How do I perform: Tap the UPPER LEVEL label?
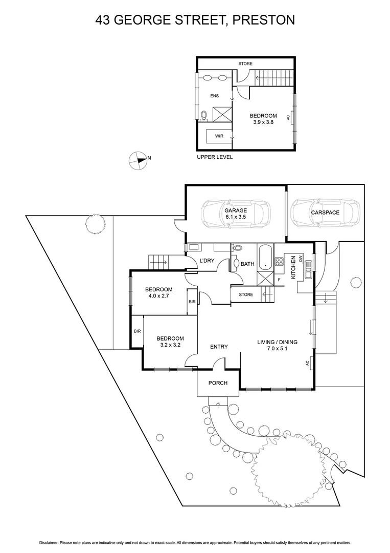(x=215, y=157)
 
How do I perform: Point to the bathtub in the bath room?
(x=264, y=258)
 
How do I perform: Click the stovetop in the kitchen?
(x=280, y=262)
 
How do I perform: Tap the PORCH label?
(x=218, y=383)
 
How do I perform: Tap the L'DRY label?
(x=207, y=261)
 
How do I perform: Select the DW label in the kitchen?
(x=302, y=259)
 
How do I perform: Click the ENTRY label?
(x=219, y=347)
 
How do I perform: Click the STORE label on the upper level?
(x=245, y=63)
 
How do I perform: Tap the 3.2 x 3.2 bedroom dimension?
(x=170, y=345)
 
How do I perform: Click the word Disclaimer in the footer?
(x=49, y=542)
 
